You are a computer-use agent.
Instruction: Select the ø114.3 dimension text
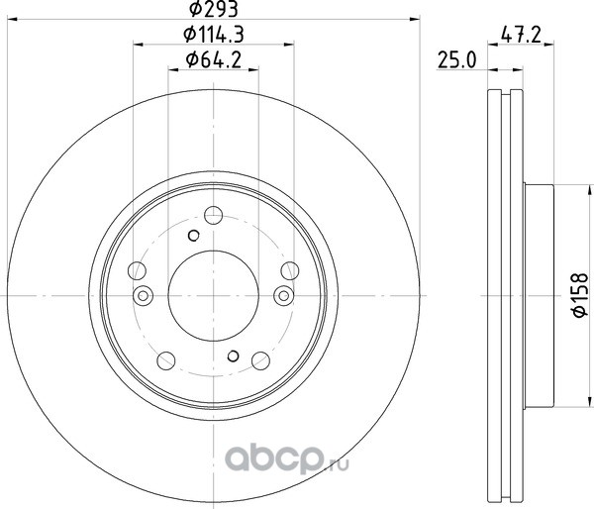click(213, 35)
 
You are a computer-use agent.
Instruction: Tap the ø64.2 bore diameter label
click(213, 60)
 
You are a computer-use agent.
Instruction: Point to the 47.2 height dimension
click(521, 35)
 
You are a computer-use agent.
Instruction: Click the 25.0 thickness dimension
click(456, 60)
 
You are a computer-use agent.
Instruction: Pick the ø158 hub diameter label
click(579, 295)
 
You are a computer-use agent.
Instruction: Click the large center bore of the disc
click(213, 296)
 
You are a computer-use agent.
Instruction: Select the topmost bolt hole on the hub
click(213, 215)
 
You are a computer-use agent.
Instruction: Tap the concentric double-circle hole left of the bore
click(143, 296)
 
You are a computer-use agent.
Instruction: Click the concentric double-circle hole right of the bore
click(284, 296)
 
